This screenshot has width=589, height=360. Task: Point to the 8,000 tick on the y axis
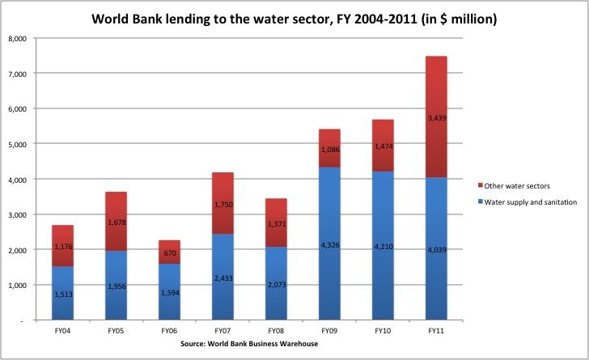coord(18,38)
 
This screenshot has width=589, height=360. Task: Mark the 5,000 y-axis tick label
coord(18,144)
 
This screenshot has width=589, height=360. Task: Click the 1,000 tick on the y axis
coord(18,286)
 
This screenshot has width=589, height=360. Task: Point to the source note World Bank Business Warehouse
coord(249,344)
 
